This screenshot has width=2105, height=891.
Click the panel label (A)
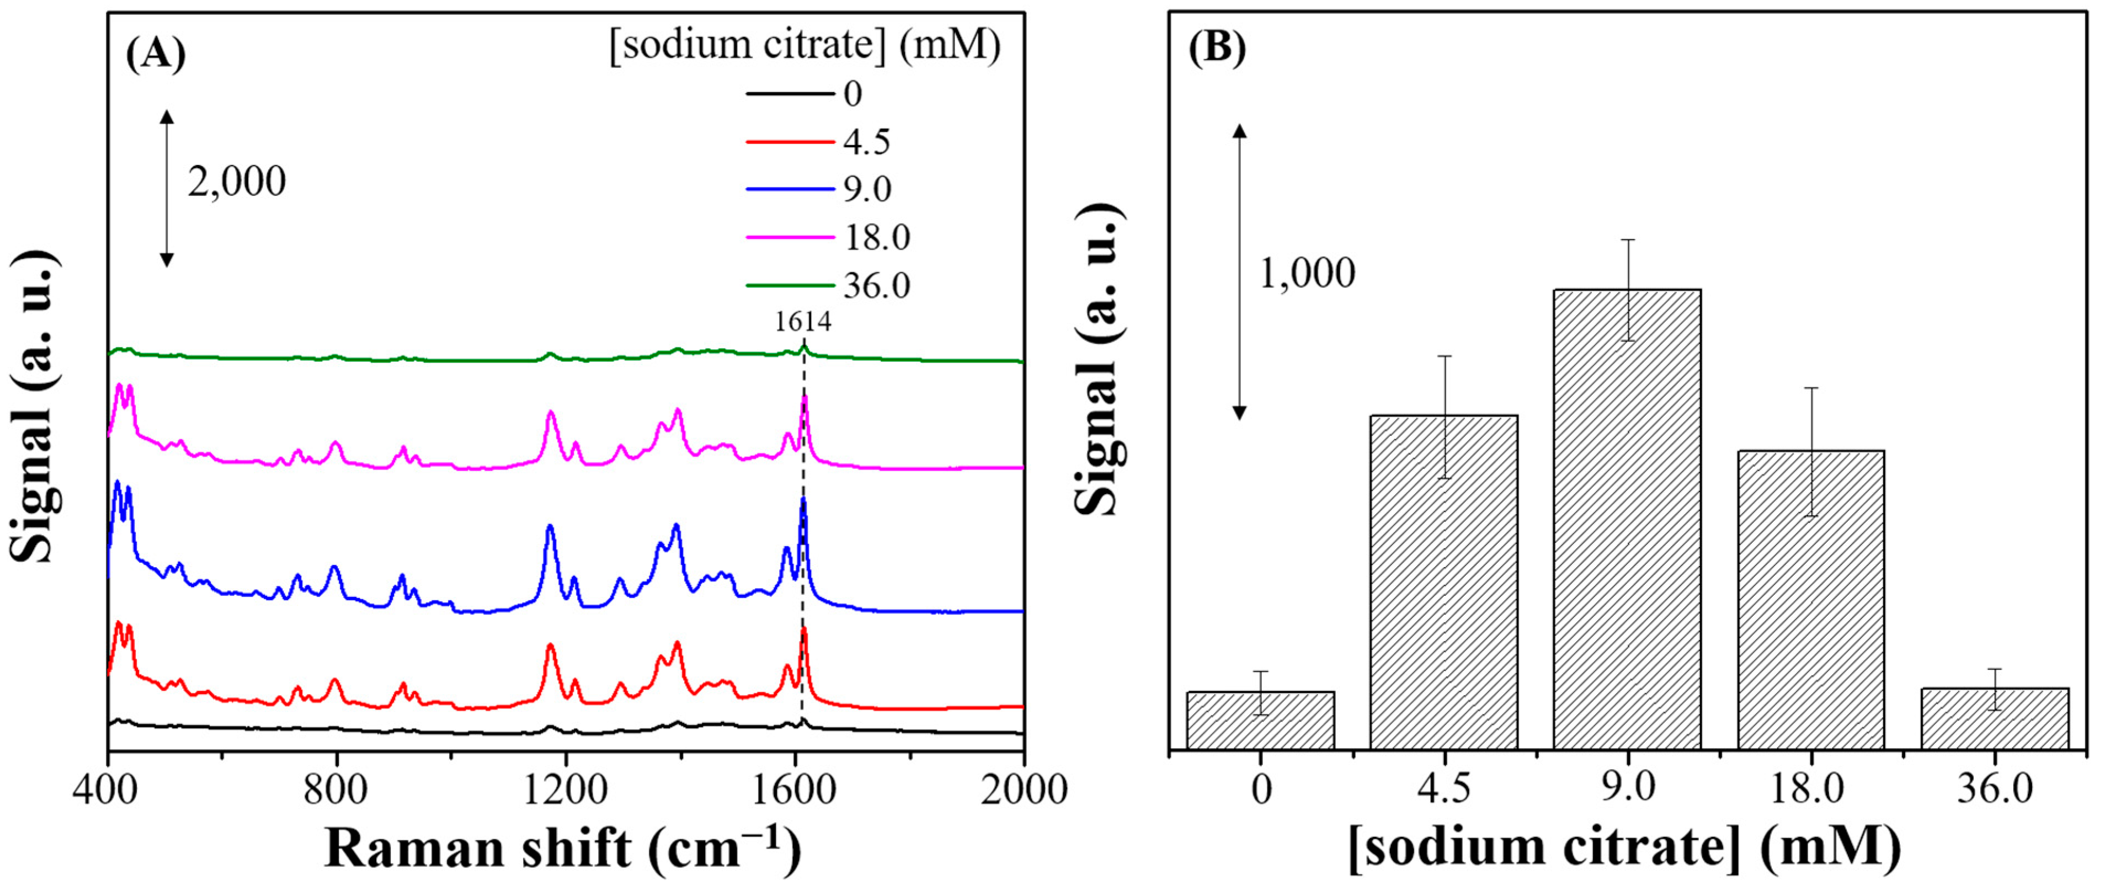[155, 54]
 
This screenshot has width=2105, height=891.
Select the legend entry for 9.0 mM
[867, 189]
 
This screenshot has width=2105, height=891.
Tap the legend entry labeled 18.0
[876, 237]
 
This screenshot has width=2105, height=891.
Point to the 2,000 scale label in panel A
[237, 182]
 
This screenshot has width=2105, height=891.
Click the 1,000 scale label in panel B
[1307, 273]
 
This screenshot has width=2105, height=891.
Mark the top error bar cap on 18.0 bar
[1811, 387]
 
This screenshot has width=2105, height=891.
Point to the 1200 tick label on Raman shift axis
[564, 791]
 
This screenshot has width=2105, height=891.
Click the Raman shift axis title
[562, 849]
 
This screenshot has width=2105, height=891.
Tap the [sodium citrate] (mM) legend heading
[805, 45]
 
